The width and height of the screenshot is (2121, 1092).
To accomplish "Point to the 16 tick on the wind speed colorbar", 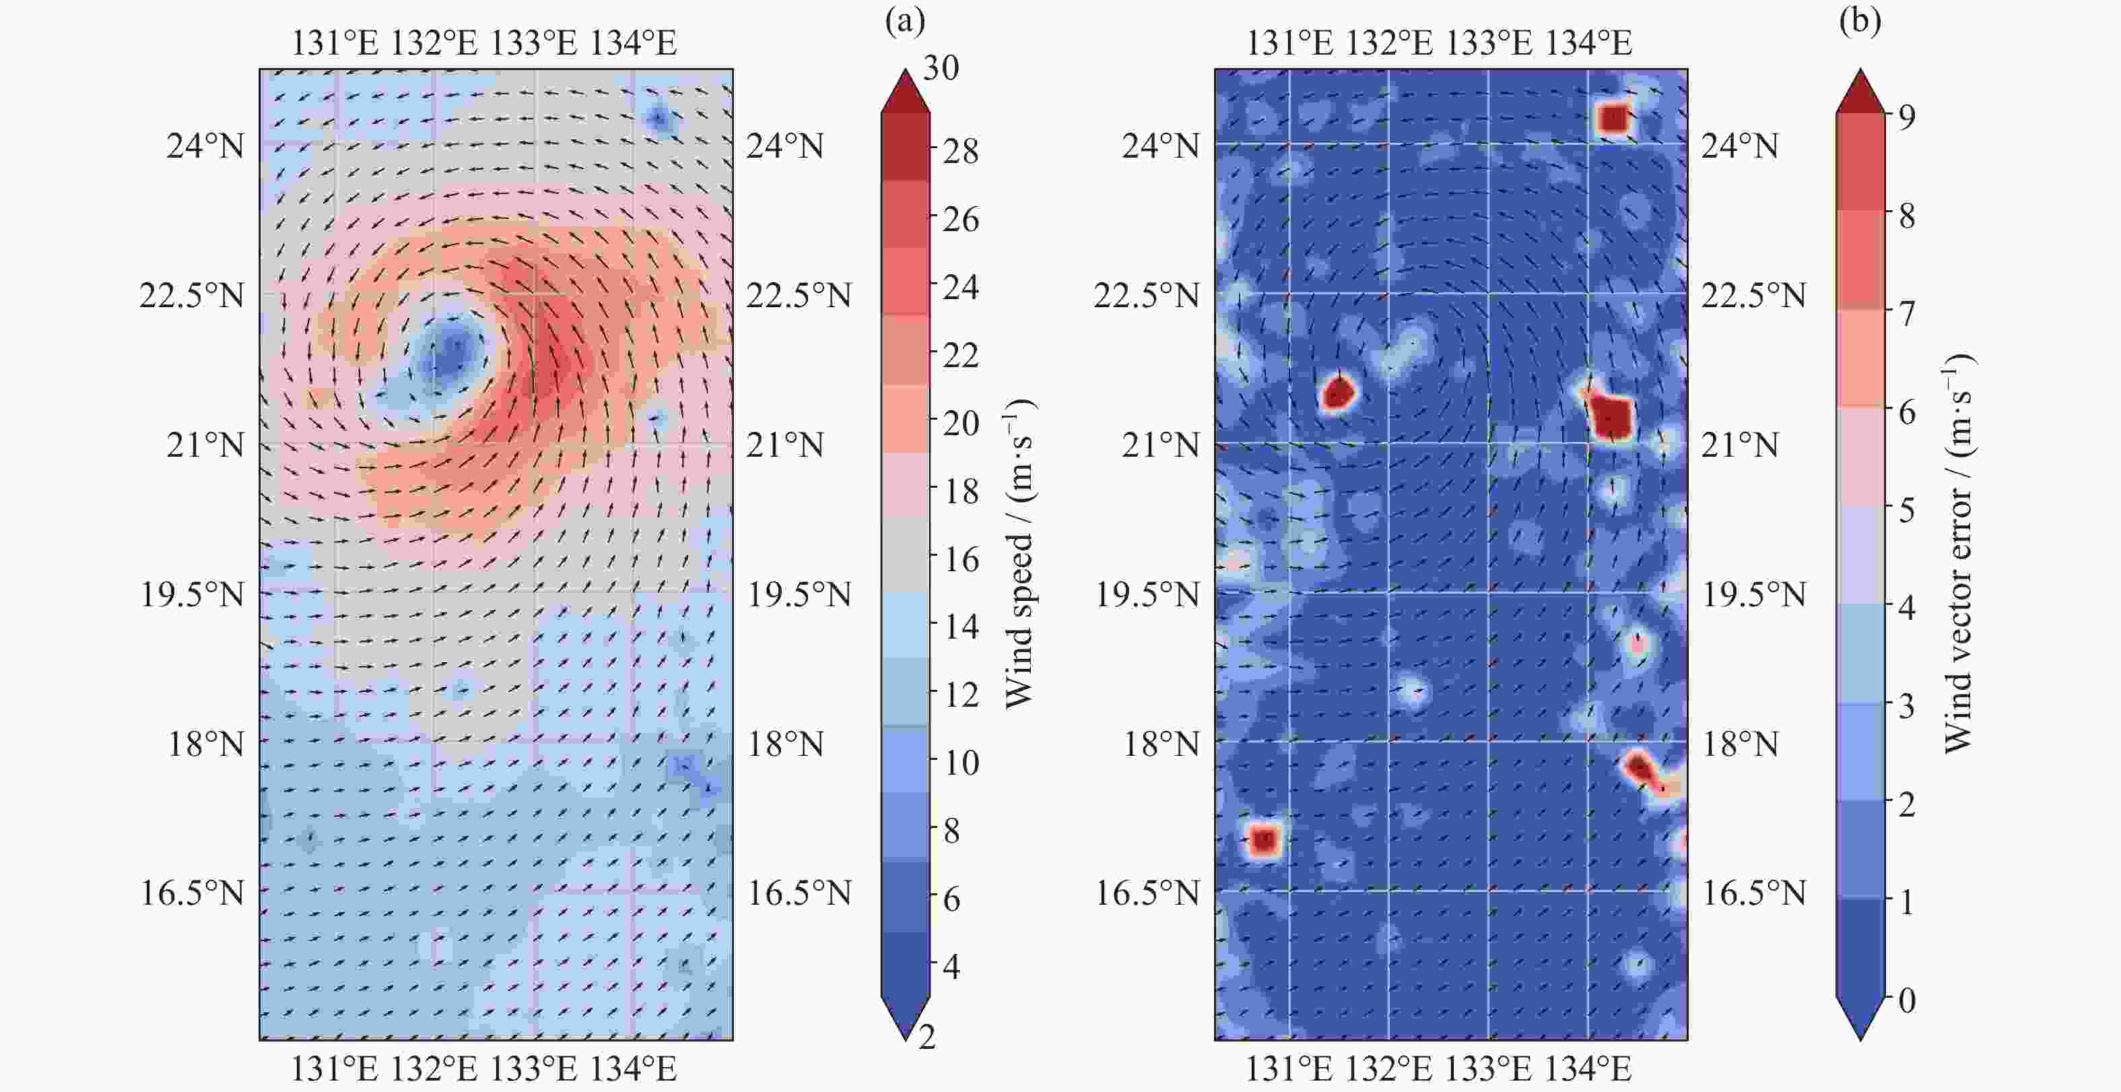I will (x=960, y=560).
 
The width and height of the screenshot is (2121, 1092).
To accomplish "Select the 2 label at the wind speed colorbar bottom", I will (x=928, y=1037).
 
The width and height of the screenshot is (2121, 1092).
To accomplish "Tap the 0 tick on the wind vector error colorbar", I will (x=1906, y=1000).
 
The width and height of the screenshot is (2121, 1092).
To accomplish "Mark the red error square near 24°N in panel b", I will (x=1614, y=119).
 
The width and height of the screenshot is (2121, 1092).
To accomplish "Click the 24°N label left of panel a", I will (x=206, y=147).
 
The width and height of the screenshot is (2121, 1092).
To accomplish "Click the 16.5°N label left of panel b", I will (x=1147, y=893).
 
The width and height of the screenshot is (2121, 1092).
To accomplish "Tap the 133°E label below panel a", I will (x=533, y=1070).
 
